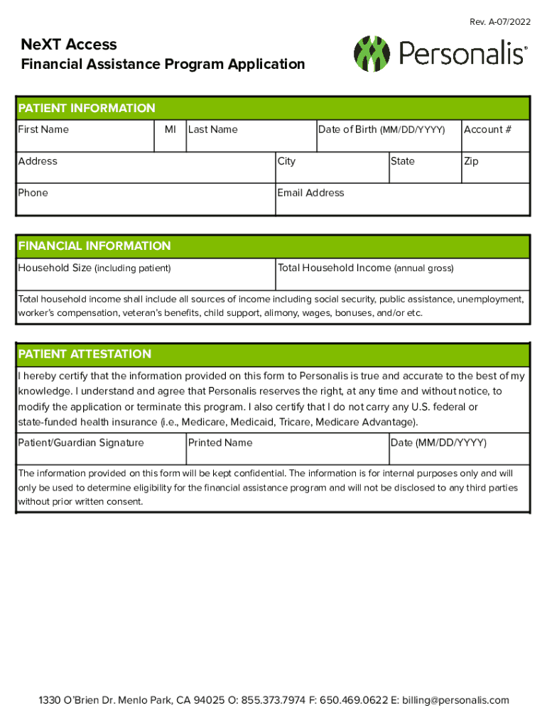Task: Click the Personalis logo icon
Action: point(372,54)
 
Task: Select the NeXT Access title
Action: point(69,45)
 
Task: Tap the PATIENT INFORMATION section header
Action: point(87,109)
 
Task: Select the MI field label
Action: point(170,130)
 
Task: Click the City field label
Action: point(287,162)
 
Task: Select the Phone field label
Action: point(33,193)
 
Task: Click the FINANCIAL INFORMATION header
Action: point(94,246)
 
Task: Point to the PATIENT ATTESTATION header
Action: point(85,354)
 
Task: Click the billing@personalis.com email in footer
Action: point(455,701)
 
